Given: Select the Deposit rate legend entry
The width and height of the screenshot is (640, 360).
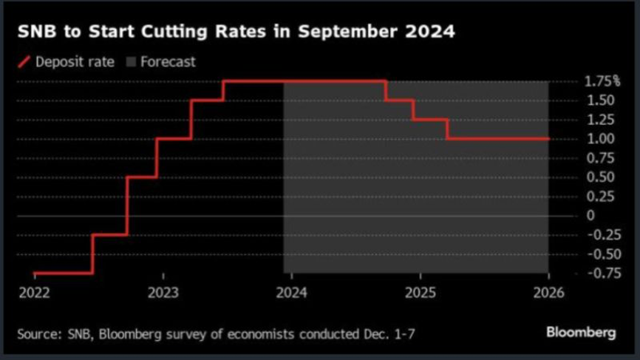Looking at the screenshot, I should (x=75, y=62).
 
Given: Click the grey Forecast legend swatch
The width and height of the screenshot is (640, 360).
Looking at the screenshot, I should (x=131, y=62).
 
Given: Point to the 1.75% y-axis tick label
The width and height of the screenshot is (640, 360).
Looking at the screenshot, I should (x=602, y=81).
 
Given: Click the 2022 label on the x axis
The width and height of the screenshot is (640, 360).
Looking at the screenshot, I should (x=34, y=292).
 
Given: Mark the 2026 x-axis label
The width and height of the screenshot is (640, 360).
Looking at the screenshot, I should (x=548, y=292).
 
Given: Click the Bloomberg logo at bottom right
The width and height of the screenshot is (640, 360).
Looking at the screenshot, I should (x=580, y=333).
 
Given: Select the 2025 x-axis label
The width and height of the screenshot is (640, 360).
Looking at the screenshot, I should (x=419, y=292).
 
